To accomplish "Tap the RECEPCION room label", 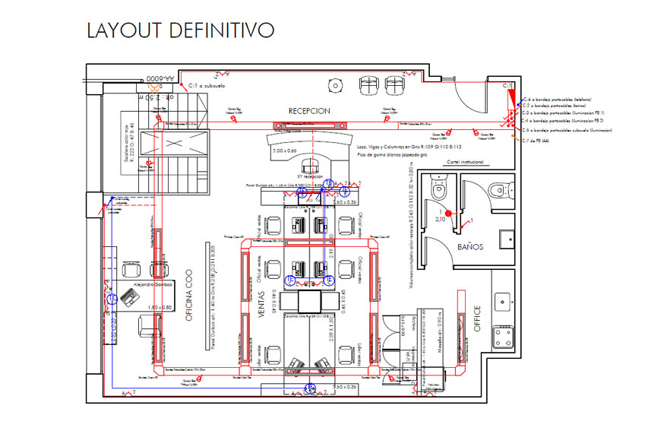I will click(x=309, y=111).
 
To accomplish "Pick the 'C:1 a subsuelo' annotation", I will click(x=207, y=87).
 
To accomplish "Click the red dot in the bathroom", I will click(x=448, y=214).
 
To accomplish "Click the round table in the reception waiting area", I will click(x=333, y=83).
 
